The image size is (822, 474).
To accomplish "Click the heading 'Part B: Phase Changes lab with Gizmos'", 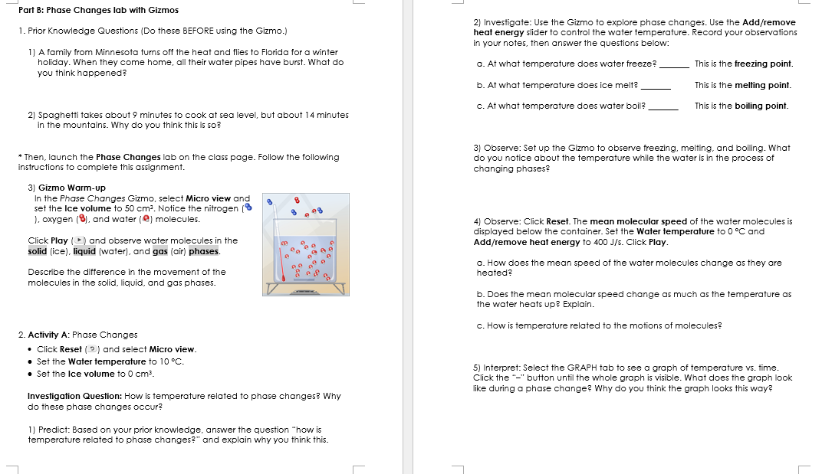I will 98,10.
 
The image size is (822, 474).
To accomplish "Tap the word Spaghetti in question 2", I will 60,115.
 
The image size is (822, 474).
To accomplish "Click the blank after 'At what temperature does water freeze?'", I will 675,64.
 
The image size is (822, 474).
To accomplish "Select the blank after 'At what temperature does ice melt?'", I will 656,85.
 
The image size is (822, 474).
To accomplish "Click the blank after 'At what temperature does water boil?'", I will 663,106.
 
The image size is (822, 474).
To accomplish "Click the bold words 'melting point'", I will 763,85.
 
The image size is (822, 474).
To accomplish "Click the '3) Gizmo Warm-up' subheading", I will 67,188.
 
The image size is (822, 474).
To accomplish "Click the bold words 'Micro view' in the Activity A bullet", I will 173,349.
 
